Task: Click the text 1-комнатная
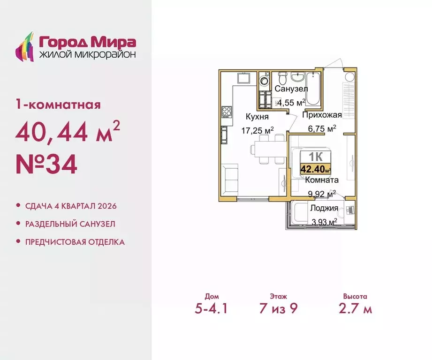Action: (x=58, y=104)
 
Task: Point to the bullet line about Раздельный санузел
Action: (x=69, y=224)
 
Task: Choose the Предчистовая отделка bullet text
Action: (x=75, y=242)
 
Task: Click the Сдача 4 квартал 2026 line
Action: (x=70, y=206)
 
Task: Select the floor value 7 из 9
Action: (x=279, y=309)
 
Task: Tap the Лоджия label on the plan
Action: (x=321, y=209)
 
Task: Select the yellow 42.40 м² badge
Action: (x=316, y=170)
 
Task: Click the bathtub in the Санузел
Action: (x=315, y=89)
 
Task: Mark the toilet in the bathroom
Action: (x=282, y=78)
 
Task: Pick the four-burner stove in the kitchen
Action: (x=226, y=112)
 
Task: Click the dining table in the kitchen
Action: (x=267, y=149)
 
